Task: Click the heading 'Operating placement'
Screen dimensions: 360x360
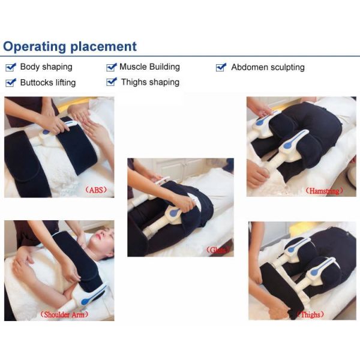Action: (70, 46)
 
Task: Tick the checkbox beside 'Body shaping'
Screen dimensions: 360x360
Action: (10, 67)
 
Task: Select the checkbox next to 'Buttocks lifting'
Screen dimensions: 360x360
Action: (10, 82)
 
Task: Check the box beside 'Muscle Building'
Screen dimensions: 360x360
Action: (111, 67)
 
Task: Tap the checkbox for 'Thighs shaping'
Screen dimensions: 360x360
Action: (111, 82)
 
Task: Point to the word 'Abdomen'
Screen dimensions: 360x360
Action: (249, 67)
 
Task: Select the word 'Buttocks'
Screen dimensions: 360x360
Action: (37, 82)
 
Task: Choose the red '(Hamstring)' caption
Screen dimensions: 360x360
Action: (325, 190)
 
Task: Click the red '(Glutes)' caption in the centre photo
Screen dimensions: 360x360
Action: (217, 250)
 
